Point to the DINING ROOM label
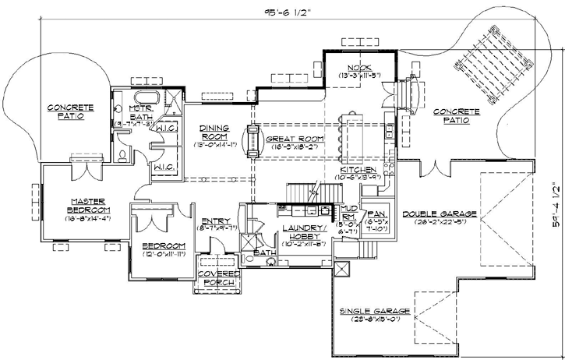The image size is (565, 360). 213,132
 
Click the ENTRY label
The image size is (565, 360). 214,221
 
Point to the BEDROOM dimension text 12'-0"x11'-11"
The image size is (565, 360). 164,253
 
